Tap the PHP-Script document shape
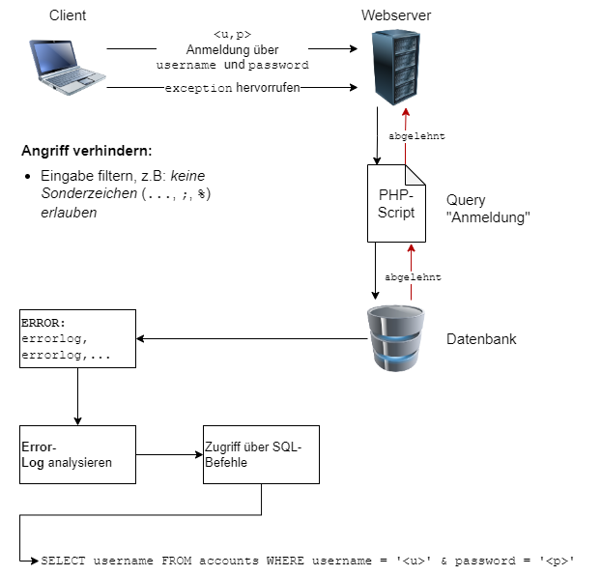pyautogui.click(x=396, y=203)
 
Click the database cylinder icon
pyautogui.click(x=397, y=339)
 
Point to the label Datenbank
pyautogui.click(x=481, y=340)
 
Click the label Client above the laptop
pyautogui.click(x=67, y=15)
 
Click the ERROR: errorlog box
pyautogui.click(x=77, y=339)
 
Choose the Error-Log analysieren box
pyautogui.click(x=77, y=454)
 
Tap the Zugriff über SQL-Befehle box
pyautogui.click(x=260, y=454)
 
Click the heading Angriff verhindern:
pyautogui.click(x=87, y=153)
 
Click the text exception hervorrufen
pyautogui.click(x=232, y=87)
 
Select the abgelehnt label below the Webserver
pyautogui.click(x=416, y=136)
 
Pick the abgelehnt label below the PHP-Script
pyautogui.click(x=413, y=277)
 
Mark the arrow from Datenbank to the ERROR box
pyautogui.click(x=251, y=339)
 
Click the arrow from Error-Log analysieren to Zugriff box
pyautogui.click(x=169, y=454)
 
